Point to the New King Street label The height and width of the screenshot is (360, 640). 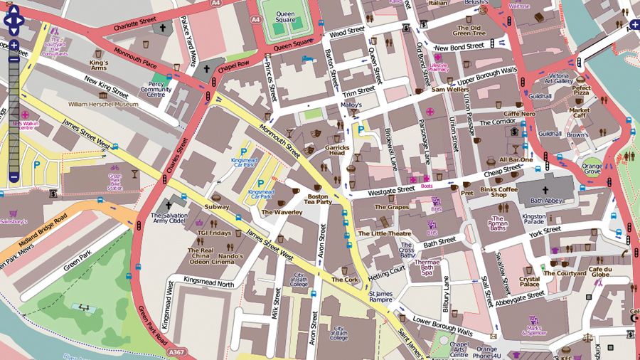tap(105, 85)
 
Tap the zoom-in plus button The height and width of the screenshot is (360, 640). tap(14, 45)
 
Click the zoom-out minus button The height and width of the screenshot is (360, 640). tap(14, 176)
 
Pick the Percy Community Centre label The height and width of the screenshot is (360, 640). tap(156, 89)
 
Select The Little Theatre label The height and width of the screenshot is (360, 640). tap(384, 233)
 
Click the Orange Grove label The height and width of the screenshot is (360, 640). tap(592, 169)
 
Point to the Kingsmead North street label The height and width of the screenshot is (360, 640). tap(209, 284)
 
